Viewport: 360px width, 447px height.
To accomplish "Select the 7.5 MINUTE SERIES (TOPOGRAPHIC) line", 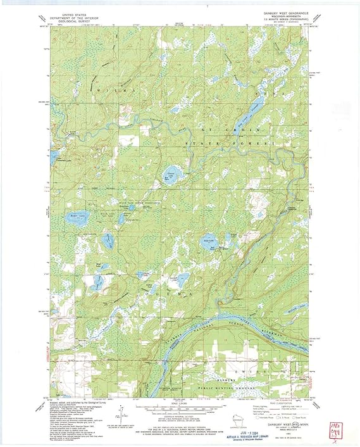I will [x=277, y=21].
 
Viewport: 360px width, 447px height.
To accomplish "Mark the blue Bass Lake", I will [x=209, y=241].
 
